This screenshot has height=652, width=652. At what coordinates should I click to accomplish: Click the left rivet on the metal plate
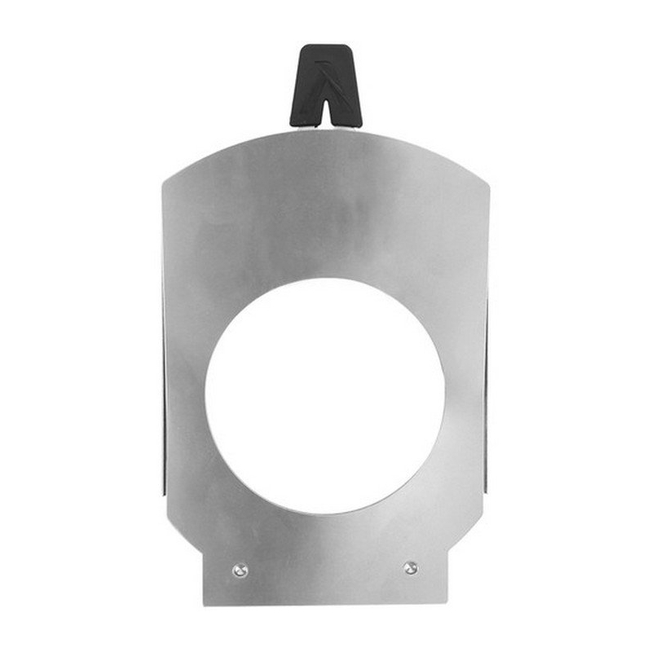(x=239, y=570)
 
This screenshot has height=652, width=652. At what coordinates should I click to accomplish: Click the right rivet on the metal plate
(x=411, y=567)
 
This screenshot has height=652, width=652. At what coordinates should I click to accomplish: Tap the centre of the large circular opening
(x=324, y=397)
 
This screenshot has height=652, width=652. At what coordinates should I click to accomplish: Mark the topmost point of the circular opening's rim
(x=324, y=278)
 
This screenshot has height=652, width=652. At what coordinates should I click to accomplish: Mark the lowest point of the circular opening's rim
(x=324, y=516)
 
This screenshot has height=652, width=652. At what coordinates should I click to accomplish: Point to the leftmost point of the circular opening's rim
(x=205, y=397)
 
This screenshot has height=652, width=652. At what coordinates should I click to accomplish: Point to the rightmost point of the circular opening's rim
(x=445, y=397)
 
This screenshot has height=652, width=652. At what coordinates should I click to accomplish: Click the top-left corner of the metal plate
(x=164, y=181)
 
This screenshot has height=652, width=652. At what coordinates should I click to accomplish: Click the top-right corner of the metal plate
(x=490, y=181)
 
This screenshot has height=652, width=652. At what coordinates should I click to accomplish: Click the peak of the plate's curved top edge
(x=326, y=130)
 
